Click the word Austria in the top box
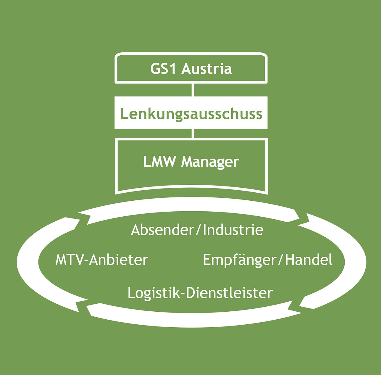coord(206,69)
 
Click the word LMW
coord(159,162)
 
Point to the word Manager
coord(210,162)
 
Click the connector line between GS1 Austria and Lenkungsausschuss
coord(193,90)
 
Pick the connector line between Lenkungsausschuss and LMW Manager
coord(193,133)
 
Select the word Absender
coord(162,230)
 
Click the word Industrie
coord(233,230)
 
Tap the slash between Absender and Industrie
coord(198,230)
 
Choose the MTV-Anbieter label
coord(101,260)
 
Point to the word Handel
coord(309,260)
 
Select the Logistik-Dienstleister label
coord(200,293)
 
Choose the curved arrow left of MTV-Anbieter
coord(28,260)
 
